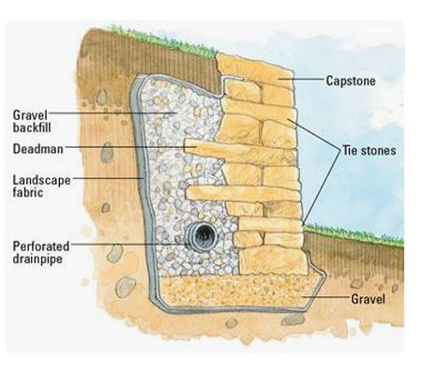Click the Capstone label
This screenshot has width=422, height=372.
pos(351,81)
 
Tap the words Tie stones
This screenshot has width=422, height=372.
pos(369,151)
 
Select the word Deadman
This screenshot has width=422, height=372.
pos(38,149)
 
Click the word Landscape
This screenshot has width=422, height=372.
pos(41,181)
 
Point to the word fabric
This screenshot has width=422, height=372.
pos(28,192)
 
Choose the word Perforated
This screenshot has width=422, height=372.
pos(41,246)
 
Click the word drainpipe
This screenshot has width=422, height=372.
pos(38,259)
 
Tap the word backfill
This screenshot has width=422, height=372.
pos(32,127)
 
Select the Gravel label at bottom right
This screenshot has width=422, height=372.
pos(368,299)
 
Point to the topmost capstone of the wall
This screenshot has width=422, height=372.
pos(255,70)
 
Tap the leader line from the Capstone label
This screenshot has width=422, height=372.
pos(301,79)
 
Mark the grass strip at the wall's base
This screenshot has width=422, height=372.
pos(354,233)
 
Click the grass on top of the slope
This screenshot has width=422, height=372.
pos(162,40)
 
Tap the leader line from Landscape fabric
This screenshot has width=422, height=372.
pos(108,178)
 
